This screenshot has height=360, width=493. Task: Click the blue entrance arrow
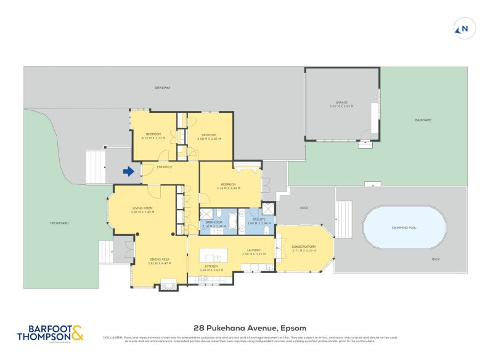[128, 172]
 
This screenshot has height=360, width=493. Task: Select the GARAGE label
[341, 102]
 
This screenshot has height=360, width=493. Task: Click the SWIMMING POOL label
[404, 227]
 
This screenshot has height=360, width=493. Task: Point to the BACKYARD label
[423, 120]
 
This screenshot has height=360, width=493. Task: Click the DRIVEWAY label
[163, 88]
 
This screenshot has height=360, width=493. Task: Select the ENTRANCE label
[164, 167]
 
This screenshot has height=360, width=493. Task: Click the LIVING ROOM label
[142, 208]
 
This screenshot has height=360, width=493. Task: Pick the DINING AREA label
[159, 260]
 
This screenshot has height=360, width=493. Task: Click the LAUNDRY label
[253, 250]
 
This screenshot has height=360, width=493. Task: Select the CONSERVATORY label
[304, 247]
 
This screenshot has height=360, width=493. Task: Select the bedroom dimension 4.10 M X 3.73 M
[153, 139]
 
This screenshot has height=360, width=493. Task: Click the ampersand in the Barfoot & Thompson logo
[77, 333]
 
